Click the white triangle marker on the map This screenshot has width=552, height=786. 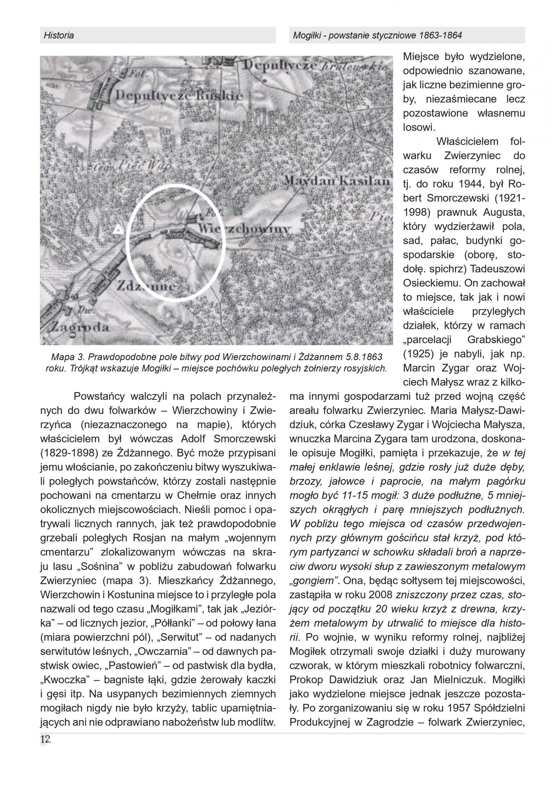tap(119, 229)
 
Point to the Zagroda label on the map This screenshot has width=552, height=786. tap(80, 327)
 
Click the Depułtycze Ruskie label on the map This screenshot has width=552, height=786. tap(179, 95)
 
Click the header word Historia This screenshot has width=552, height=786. tap(59, 35)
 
